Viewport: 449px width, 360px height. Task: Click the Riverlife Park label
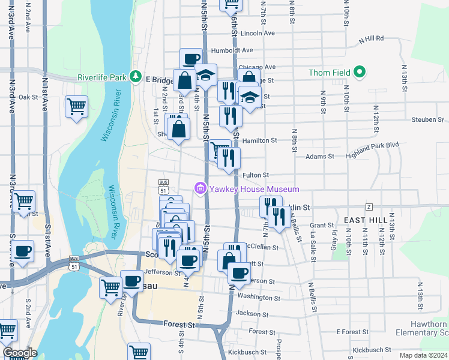102,77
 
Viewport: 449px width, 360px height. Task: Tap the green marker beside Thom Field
360,73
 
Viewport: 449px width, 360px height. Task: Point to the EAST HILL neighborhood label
366,221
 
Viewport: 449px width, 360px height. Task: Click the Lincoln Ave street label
257,33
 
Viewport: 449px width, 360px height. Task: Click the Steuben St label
428,119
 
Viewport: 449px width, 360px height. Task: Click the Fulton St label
256,175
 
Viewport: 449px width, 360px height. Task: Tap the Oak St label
28,97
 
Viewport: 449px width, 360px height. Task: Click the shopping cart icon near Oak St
77,107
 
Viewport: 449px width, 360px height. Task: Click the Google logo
20,353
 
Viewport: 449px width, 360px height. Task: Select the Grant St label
322,226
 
